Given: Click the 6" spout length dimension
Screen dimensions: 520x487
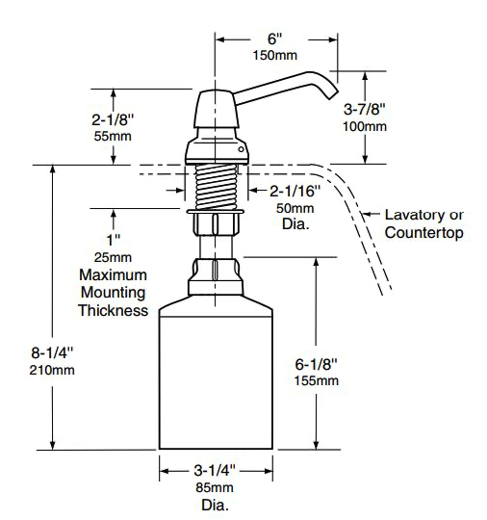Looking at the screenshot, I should (275, 39).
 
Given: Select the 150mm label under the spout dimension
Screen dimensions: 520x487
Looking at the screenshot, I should (275, 56).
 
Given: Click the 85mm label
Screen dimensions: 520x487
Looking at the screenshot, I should (215, 487).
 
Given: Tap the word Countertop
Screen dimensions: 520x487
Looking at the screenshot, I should (423, 232).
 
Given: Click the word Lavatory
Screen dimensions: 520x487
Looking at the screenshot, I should (414, 215).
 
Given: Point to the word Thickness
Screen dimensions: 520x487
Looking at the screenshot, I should (114, 310).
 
